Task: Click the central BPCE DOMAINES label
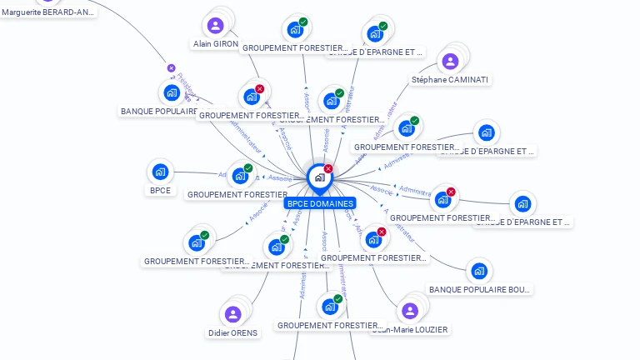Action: coord(320,203)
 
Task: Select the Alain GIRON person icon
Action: coord(216,26)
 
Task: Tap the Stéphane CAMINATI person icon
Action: coord(450,61)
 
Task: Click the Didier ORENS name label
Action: coord(233,332)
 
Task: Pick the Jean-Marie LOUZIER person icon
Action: coord(409,311)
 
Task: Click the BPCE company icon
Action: coord(160,172)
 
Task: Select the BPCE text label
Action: coord(160,190)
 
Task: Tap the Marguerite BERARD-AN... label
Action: coord(48,12)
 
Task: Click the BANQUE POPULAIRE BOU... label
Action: coord(479,289)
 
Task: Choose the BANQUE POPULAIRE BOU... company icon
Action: coord(478,271)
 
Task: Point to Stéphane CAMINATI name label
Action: coord(451,79)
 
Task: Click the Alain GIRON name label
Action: coord(216,43)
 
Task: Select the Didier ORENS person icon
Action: coord(233,314)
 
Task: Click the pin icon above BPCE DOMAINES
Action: coord(319,177)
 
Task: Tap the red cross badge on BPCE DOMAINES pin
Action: coord(328,168)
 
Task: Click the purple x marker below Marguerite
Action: coord(171,68)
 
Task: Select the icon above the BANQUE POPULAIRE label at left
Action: coord(172,92)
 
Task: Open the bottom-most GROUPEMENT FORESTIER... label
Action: coord(331,325)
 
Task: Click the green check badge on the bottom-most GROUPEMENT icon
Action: coord(337,298)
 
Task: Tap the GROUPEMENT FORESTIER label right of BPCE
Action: coord(237,194)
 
